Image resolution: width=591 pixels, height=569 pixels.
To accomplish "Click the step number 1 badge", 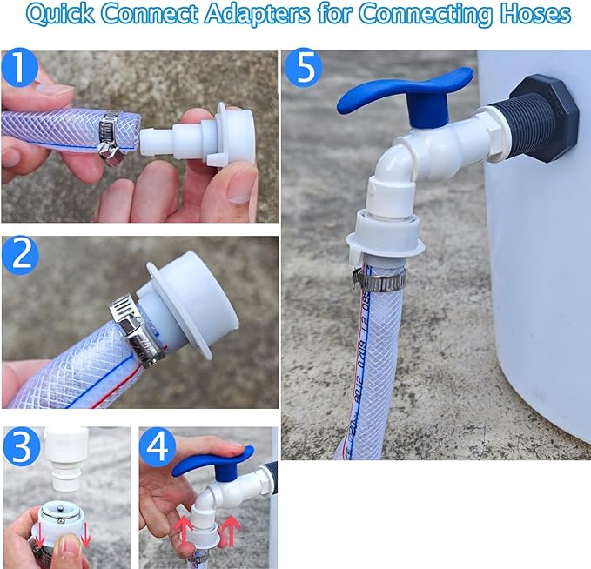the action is [20, 69].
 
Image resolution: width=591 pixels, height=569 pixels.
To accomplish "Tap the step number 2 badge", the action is [20, 255].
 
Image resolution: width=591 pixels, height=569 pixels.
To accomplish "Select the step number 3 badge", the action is [22, 447].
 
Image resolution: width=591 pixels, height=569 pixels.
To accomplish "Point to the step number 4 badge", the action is [158, 447].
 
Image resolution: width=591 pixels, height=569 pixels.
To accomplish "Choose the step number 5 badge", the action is [304, 69].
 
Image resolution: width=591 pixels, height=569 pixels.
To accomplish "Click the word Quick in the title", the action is [60, 14].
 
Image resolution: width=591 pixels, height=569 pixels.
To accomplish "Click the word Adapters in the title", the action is [257, 15].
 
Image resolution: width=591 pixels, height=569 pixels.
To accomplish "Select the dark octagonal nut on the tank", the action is [545, 117].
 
